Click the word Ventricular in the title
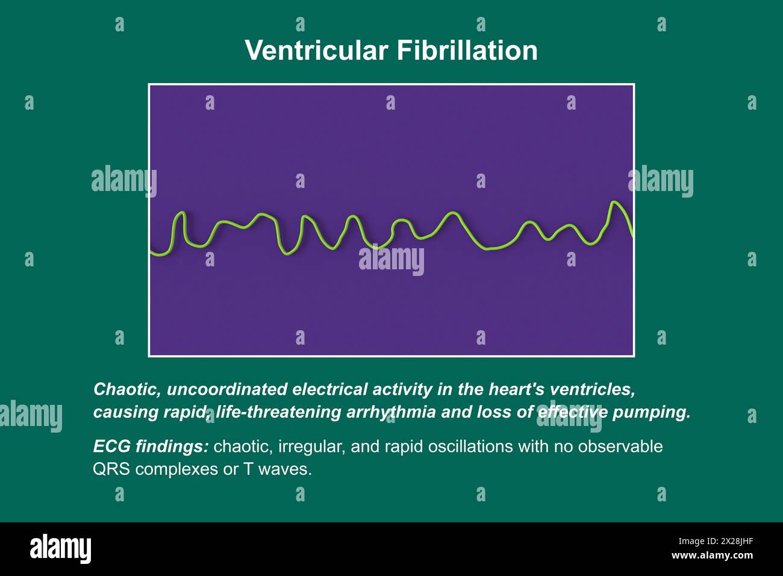click(316, 51)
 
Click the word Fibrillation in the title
click(467, 51)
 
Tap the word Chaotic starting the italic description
click(127, 389)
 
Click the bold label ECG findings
click(151, 446)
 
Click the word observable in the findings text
click(620, 446)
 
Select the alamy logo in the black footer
click(61, 548)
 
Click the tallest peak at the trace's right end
click(613, 202)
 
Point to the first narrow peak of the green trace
click(181, 213)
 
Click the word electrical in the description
click(329, 389)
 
